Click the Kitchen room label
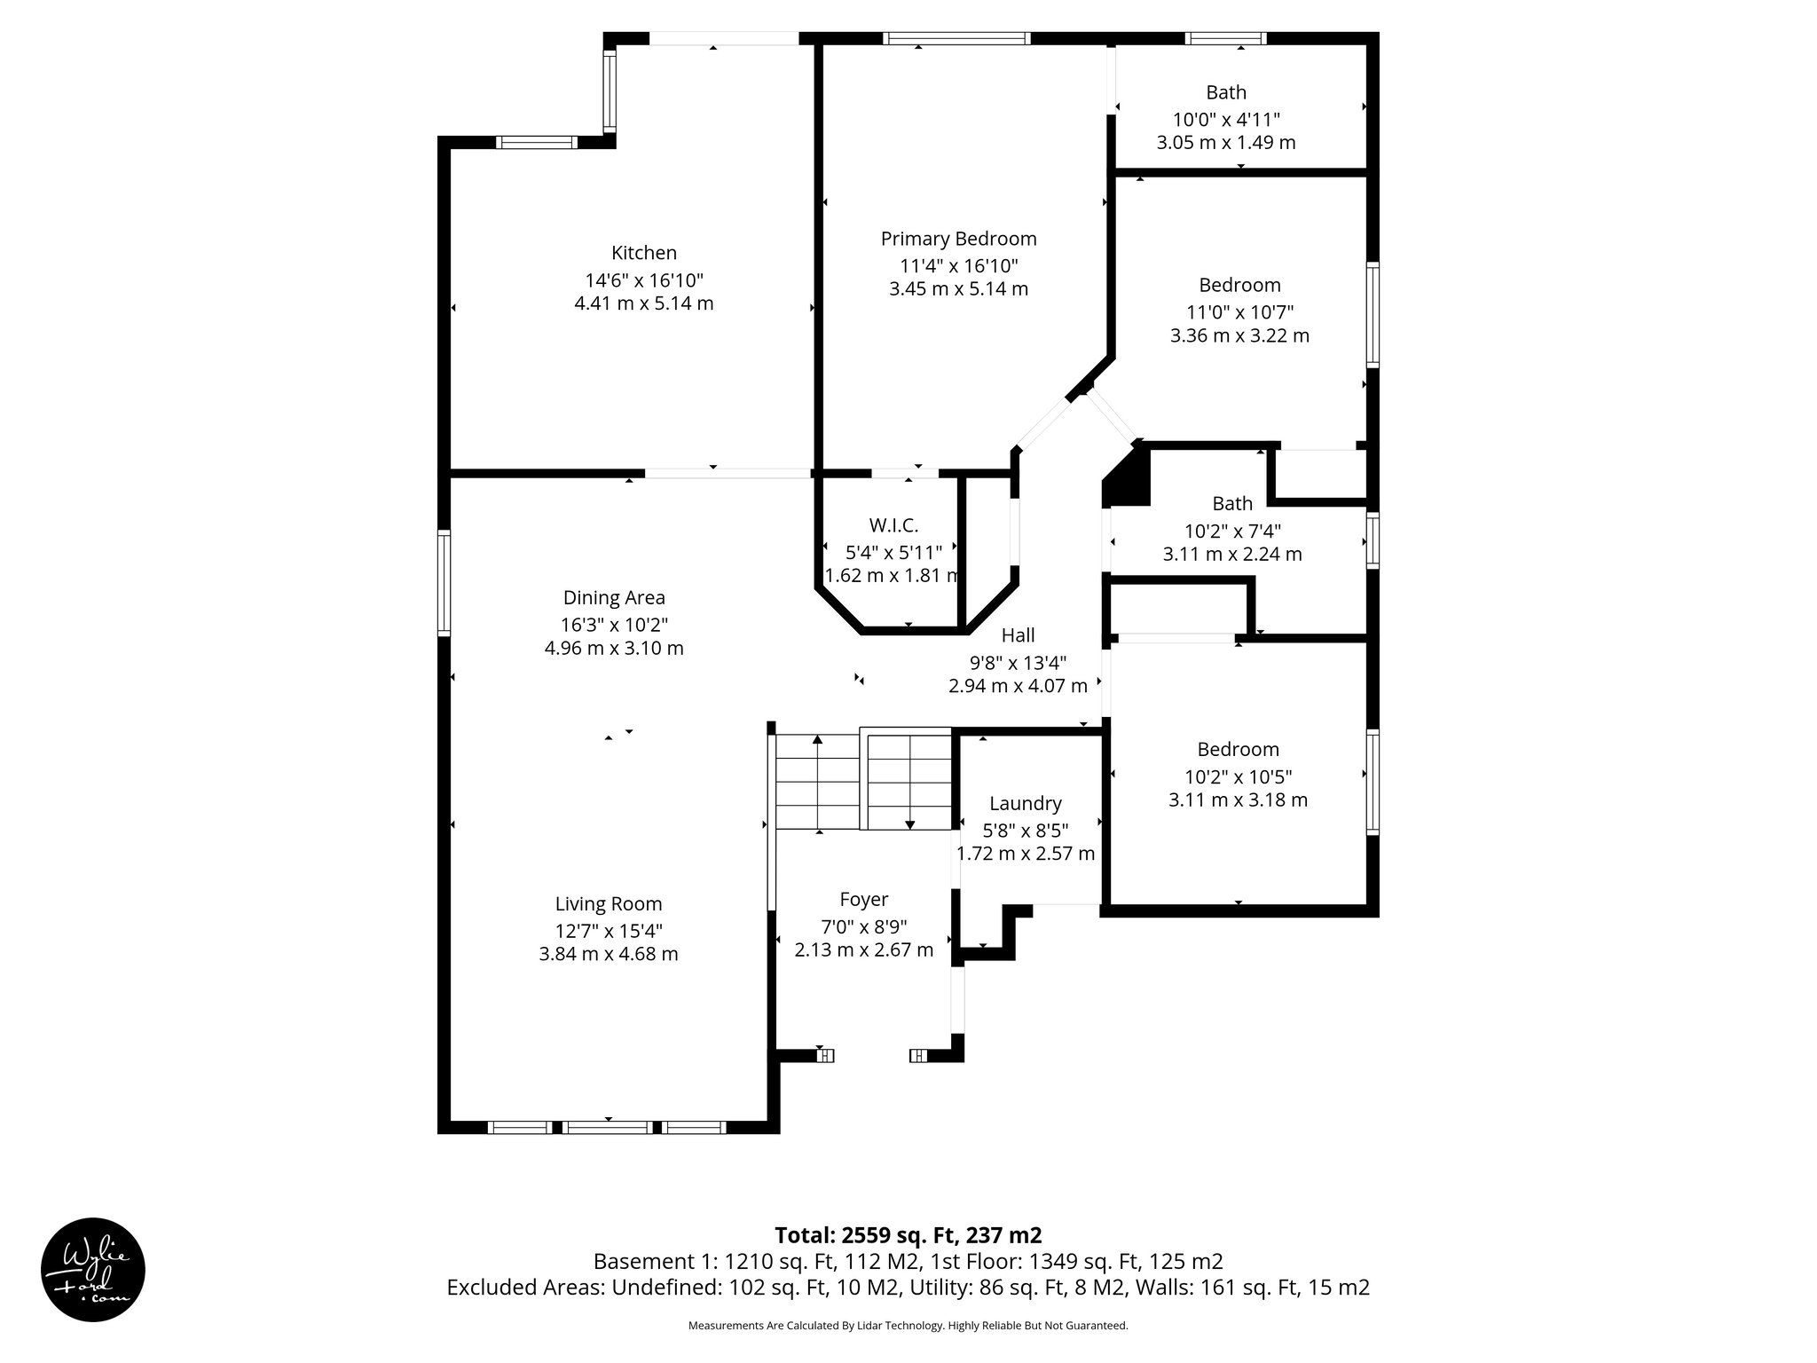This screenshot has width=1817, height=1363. click(x=643, y=253)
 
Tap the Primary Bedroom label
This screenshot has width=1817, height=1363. click(x=958, y=239)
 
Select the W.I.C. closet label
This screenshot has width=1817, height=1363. click(x=893, y=525)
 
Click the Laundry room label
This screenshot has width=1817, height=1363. click(x=1025, y=803)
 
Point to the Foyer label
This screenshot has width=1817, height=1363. click(x=863, y=900)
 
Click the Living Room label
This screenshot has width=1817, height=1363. click(x=609, y=904)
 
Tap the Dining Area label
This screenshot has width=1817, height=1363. click(x=614, y=598)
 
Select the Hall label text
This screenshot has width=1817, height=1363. click(x=1018, y=635)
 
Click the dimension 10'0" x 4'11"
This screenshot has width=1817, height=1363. click(x=1226, y=119)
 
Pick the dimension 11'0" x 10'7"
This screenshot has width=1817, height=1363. click(x=1239, y=312)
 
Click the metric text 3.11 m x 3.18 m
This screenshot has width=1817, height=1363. click(x=1238, y=800)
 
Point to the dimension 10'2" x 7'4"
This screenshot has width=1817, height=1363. click(x=1232, y=531)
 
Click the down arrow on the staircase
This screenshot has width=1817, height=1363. click(x=909, y=824)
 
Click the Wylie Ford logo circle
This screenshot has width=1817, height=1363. click(x=93, y=1270)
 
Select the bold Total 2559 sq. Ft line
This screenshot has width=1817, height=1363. click(x=908, y=1235)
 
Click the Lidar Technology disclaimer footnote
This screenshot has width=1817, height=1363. click(x=908, y=1326)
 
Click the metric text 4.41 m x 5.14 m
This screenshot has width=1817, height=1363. click(x=643, y=303)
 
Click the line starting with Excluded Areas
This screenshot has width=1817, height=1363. click(x=908, y=1288)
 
